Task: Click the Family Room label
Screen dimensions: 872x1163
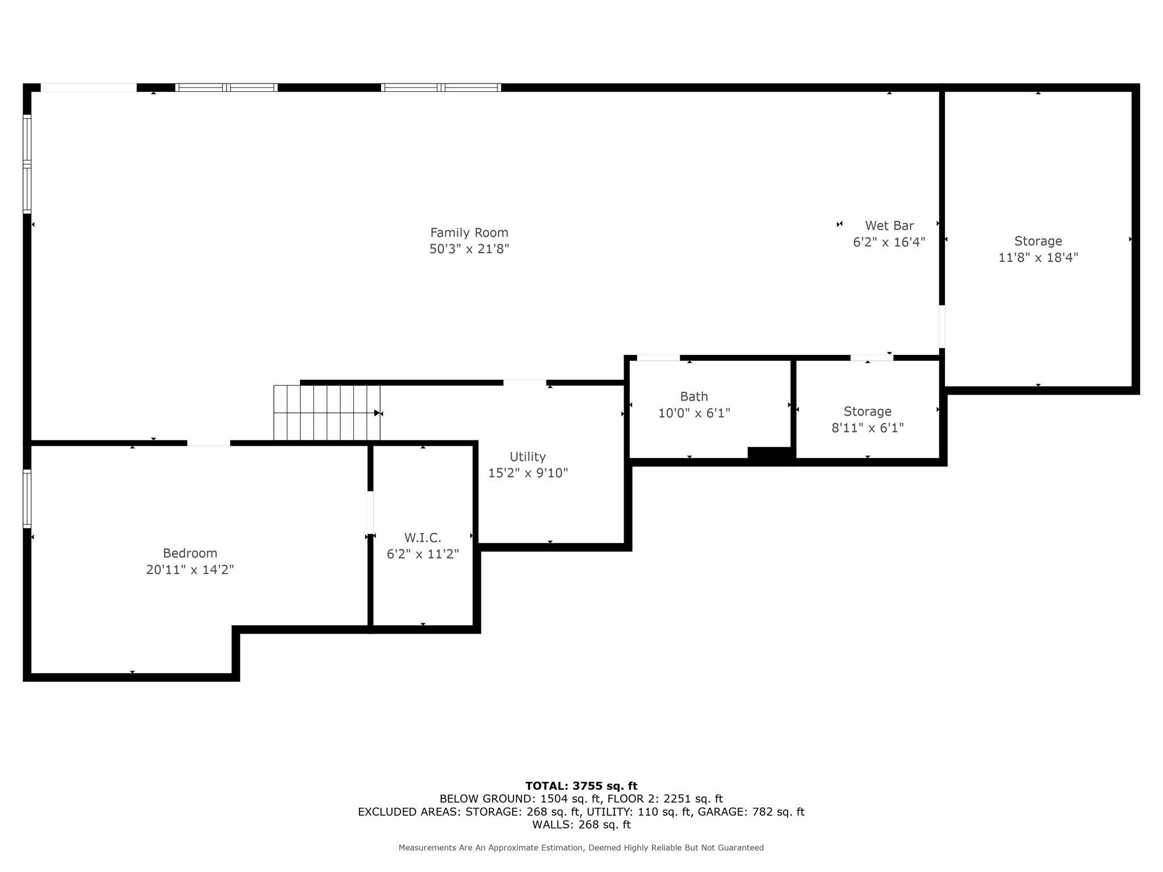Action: tap(469, 233)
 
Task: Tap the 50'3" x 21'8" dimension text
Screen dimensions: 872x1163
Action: tap(469, 249)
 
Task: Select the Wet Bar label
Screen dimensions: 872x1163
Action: tap(889, 226)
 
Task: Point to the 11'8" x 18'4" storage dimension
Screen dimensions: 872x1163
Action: tap(1038, 258)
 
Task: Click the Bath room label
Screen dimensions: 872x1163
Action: tap(694, 397)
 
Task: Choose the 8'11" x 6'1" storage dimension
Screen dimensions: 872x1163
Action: tap(867, 428)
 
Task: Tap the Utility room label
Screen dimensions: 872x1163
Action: tap(528, 457)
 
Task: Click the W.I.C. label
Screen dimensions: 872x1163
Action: tap(422, 538)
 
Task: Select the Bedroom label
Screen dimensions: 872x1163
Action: tap(190, 554)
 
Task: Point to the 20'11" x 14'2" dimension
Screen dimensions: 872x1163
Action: tap(190, 570)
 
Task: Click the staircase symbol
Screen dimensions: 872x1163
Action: tap(327, 413)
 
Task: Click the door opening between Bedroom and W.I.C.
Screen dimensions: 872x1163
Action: tap(370, 512)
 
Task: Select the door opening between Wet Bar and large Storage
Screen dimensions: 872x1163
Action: tap(942, 326)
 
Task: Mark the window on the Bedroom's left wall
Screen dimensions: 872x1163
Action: tap(27, 498)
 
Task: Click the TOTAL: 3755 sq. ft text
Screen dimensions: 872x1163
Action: tap(581, 786)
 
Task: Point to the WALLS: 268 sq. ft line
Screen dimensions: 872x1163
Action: tap(581, 825)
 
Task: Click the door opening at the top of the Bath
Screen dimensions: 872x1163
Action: tap(658, 358)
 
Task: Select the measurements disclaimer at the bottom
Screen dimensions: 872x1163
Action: tap(581, 848)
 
